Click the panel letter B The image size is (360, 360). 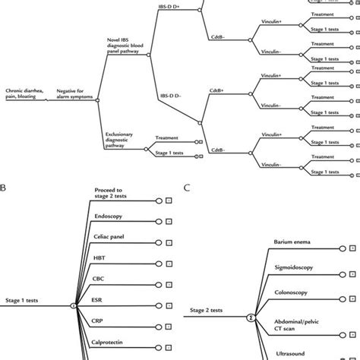tap(3, 185)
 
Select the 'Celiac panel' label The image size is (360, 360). tap(110, 237)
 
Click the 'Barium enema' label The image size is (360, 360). tap(289, 242)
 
